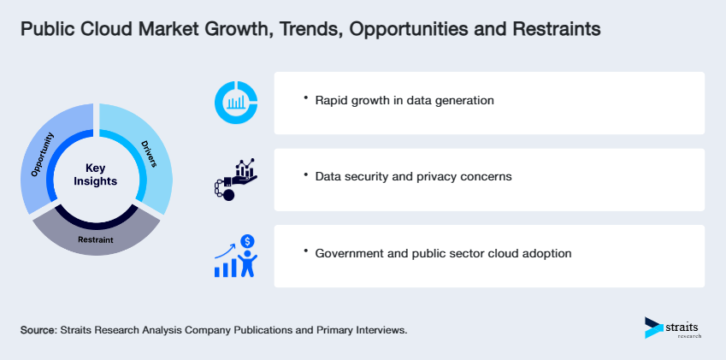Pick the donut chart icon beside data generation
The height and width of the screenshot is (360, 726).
coord(235,103)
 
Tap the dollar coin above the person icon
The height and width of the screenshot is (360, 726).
coord(247,241)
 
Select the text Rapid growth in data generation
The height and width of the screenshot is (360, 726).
coord(404,100)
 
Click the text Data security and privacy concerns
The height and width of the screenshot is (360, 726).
coord(413,176)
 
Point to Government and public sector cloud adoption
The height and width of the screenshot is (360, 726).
coord(443,253)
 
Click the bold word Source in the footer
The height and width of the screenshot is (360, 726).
coord(38,329)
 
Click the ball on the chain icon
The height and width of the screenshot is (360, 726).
coord(228,195)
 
